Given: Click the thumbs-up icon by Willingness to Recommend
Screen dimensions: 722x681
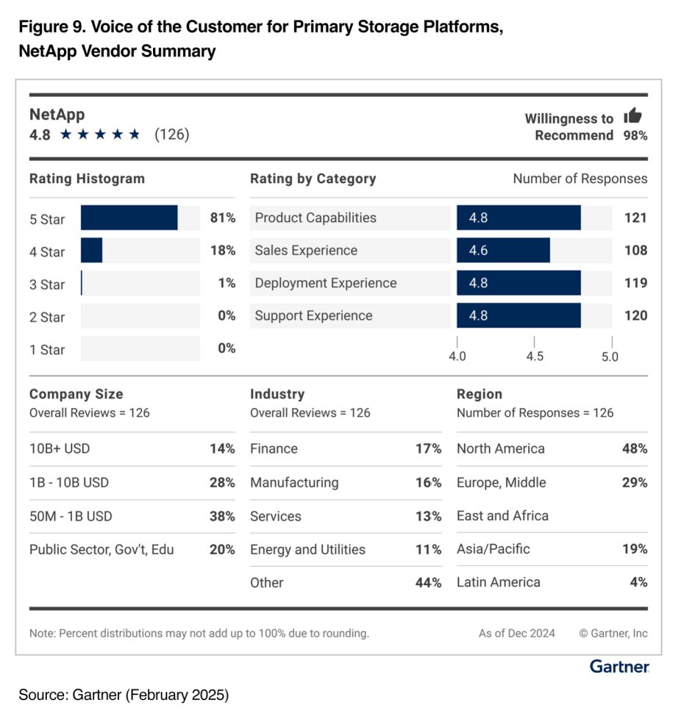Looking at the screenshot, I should point(632,115).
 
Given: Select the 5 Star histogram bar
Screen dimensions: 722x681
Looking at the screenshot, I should point(129,218).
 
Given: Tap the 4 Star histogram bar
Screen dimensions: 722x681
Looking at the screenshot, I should point(91,251).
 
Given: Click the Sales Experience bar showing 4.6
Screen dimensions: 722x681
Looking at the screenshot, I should point(503,251).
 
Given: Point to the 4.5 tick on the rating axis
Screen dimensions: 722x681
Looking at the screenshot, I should point(535,356).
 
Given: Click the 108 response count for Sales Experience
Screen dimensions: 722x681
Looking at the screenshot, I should point(635,251).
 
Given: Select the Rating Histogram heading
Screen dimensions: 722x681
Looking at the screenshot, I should point(87,179).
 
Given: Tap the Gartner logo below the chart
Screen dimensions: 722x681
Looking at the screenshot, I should point(619,667).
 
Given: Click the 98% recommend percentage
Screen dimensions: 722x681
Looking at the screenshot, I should point(635,135).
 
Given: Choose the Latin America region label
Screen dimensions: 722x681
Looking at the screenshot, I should point(499,582).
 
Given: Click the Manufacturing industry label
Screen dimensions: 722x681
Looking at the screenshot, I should point(294,482).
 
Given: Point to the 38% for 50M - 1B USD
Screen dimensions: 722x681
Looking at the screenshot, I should point(221,516).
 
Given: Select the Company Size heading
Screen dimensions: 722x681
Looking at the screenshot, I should point(76,394).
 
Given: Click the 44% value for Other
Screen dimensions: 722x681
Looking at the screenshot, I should point(428,582).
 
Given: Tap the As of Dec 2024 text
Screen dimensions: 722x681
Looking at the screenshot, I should point(517,633).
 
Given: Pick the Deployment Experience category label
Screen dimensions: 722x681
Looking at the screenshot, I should point(325,283).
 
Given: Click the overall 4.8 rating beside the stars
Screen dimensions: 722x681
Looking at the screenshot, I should point(40,135).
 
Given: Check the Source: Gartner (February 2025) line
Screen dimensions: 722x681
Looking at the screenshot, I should point(124,695).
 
